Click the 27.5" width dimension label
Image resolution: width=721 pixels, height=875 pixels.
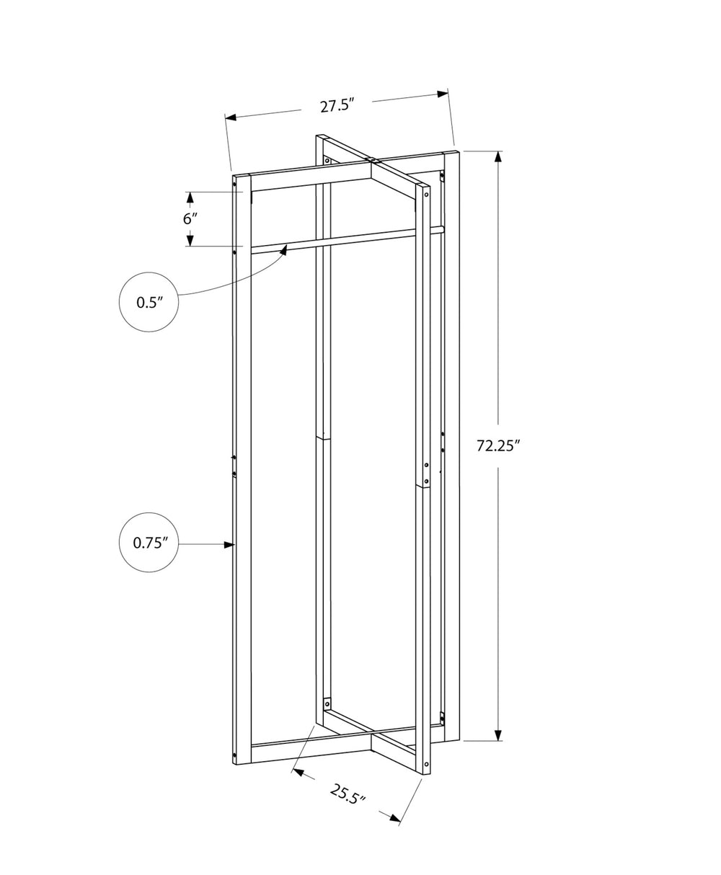336,106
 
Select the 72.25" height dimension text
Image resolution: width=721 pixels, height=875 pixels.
498,445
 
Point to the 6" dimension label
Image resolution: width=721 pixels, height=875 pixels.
189,219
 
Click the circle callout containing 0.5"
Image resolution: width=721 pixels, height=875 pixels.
149,302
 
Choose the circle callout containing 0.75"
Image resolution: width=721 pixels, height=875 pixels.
149,543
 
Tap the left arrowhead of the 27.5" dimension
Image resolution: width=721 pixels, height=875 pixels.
231,117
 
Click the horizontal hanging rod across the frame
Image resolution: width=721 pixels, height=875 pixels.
346,239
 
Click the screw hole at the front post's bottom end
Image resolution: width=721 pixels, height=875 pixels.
427,763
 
